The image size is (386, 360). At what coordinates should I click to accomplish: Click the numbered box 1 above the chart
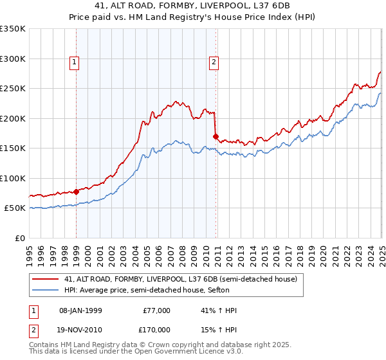pos(75,62)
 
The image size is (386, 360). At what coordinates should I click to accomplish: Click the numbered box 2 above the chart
pos(214,62)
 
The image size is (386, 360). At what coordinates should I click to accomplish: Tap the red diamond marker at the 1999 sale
pos(77,191)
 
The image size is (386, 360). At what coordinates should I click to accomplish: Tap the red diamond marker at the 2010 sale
pos(216,136)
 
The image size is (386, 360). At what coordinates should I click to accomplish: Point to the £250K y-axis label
pos(13,88)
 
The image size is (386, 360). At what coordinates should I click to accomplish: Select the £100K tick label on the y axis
pos(13,178)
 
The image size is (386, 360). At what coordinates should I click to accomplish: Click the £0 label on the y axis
pos(19,238)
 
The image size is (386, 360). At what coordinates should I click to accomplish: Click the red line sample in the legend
pos(46,279)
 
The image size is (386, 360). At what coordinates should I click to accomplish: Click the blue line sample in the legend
pos(46,291)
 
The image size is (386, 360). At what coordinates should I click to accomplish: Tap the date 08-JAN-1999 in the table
pos(81,310)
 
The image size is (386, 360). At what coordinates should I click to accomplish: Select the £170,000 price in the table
pos(156,329)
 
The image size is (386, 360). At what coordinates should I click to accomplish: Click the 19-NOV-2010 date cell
pos(82,329)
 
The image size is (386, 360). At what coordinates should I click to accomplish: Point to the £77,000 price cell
pos(156,310)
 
